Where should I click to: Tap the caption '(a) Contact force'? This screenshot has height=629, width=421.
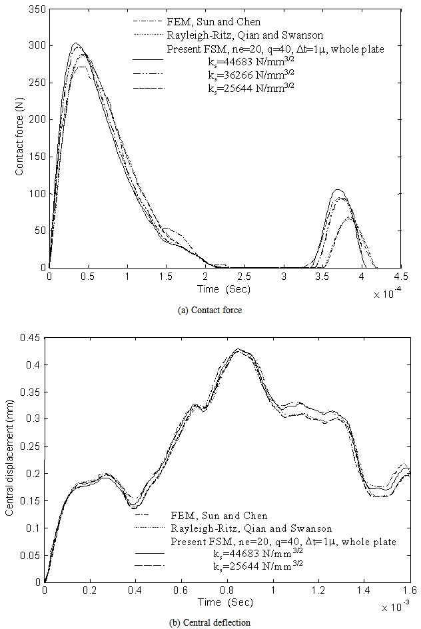pos(210,309)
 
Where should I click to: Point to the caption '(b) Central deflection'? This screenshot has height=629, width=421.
pos(210,622)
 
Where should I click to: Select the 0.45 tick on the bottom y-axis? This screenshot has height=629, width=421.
pos(32,338)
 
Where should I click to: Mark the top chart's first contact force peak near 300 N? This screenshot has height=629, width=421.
pos(75,44)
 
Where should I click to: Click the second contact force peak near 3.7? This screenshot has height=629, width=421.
pos(338,190)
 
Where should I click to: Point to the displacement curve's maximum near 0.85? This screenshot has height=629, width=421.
pos(238,349)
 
